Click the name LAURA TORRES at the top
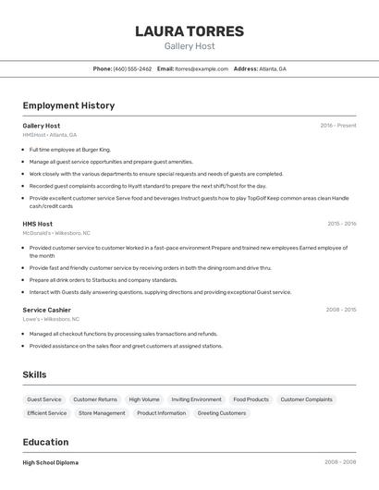[189, 31]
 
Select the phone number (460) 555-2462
[132, 68]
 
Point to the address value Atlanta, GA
[273, 68]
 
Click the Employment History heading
[68, 106]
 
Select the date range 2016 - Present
[337, 125]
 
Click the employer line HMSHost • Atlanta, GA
[50, 135]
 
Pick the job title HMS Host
[38, 224]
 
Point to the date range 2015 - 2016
[341, 224]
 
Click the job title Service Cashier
[46, 310]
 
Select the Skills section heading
[35, 374]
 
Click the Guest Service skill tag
[44, 399]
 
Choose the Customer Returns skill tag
[95, 399]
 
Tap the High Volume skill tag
[144, 399]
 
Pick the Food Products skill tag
[251, 399]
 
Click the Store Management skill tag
[102, 413]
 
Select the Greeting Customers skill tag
[222, 413]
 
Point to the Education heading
[45, 442]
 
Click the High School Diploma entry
[51, 462]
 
